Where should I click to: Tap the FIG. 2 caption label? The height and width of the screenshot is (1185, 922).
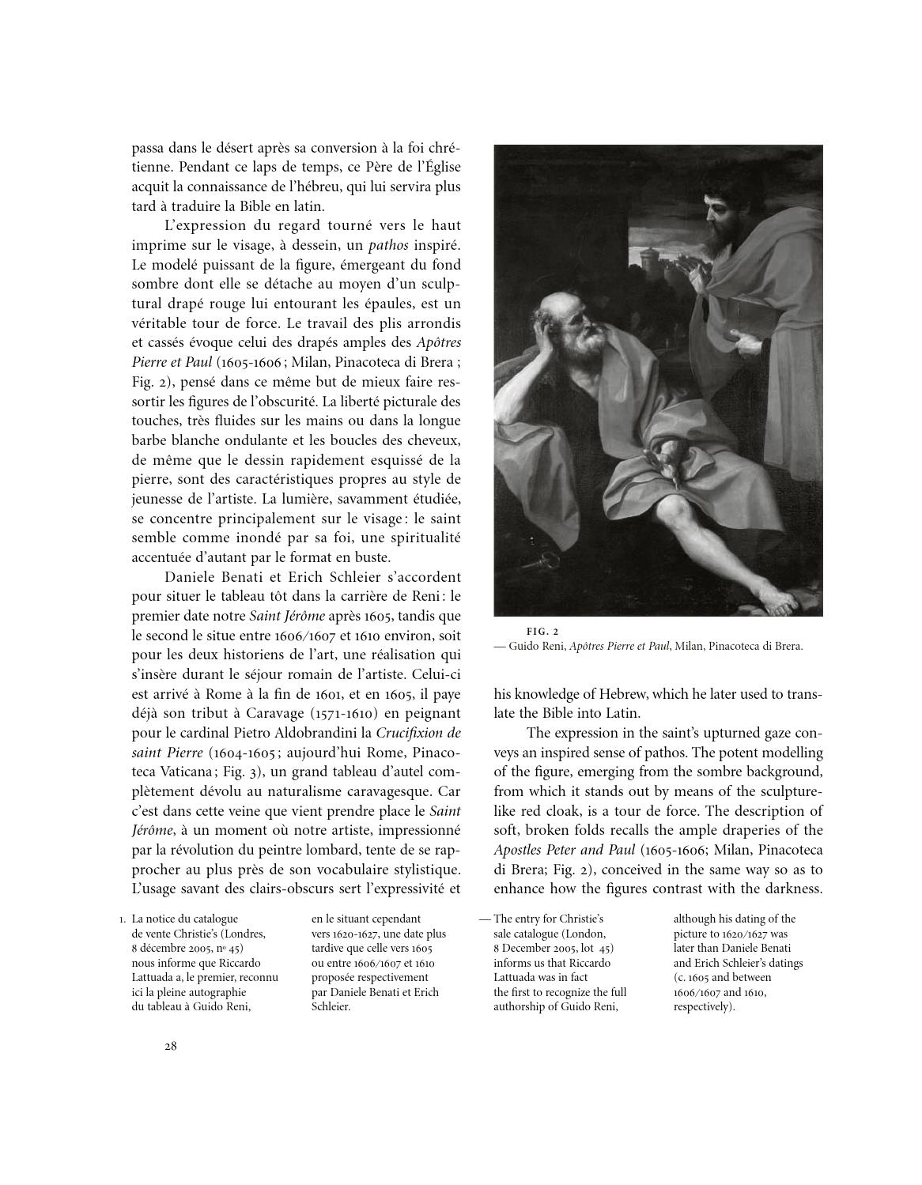coord(542,631)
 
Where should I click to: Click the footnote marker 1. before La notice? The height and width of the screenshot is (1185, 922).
coord(122,919)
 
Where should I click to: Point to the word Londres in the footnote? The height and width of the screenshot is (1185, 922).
coord(247,934)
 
